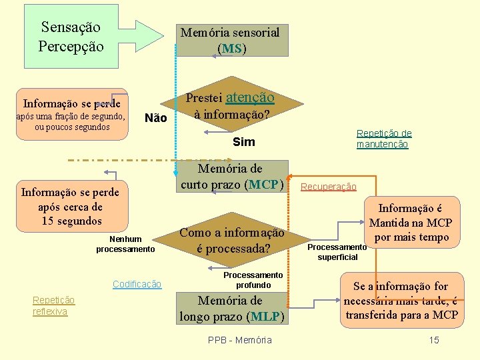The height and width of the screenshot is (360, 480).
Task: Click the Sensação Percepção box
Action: [x=71, y=37]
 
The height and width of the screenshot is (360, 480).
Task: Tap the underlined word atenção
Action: [x=250, y=97]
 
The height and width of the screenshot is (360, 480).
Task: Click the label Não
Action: [x=155, y=118]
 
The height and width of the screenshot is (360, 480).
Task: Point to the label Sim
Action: [x=243, y=142]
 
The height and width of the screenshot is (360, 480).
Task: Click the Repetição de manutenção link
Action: [x=383, y=139]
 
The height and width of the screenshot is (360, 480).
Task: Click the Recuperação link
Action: [x=329, y=187]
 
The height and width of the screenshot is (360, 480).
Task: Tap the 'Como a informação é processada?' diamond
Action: [x=232, y=241]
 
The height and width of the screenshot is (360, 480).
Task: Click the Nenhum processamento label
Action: [x=125, y=244]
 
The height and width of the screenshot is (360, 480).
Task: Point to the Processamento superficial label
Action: [x=337, y=252]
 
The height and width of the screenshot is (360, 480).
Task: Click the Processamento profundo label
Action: [x=253, y=280]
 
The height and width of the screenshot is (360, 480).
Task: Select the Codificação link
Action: [x=137, y=284]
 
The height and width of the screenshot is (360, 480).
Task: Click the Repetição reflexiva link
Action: [x=53, y=305]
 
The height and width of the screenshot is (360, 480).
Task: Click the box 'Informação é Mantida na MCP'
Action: [x=410, y=223]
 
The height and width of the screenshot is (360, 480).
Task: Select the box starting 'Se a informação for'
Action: [x=401, y=301]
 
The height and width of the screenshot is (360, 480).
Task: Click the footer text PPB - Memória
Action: [x=240, y=340]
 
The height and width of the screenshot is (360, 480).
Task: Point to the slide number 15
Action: [x=434, y=340]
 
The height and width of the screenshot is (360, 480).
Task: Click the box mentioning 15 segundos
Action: [x=70, y=207]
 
